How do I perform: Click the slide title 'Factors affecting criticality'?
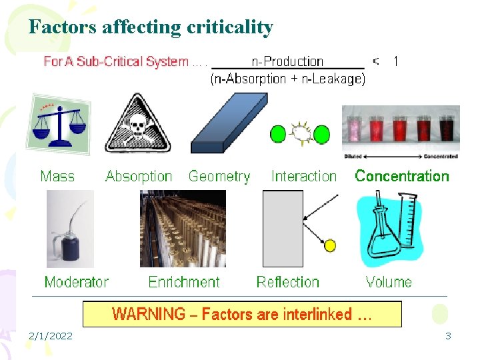click(151, 27)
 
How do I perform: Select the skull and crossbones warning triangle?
click(138, 124)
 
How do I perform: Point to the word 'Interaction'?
click(304, 177)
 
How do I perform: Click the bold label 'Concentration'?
click(402, 177)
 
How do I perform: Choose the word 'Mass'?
click(57, 177)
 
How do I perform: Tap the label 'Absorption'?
click(139, 177)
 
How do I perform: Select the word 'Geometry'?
click(219, 177)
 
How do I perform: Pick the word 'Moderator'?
click(76, 282)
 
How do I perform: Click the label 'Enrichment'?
click(184, 282)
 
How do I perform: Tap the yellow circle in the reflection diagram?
click(329, 246)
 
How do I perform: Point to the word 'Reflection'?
click(288, 282)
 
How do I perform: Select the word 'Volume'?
click(389, 282)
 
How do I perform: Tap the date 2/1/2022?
click(51, 336)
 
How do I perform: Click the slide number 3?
click(448, 336)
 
